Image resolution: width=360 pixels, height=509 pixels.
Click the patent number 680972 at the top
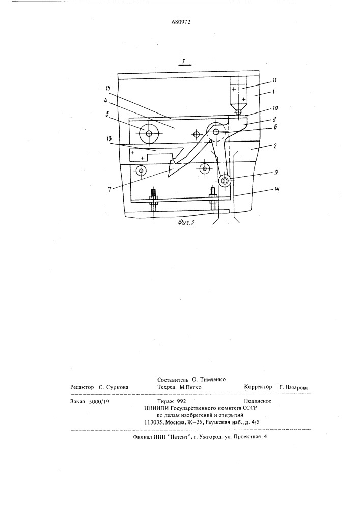(181, 22)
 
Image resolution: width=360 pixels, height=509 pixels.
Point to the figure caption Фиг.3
(188, 223)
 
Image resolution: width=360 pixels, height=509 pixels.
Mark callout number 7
(109, 189)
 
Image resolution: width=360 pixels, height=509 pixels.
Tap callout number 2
(275, 146)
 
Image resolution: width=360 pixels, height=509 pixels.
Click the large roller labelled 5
(149, 133)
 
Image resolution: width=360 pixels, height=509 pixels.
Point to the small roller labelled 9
(225, 181)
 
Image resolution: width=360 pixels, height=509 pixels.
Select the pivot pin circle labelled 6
(216, 132)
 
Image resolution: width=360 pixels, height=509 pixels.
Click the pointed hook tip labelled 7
(169, 177)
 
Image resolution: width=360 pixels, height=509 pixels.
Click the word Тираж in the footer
(165, 401)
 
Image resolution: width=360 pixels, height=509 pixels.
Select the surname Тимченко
(213, 380)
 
